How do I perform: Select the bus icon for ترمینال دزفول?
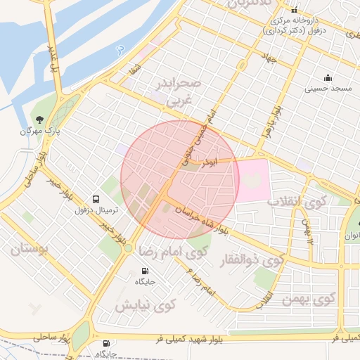97,199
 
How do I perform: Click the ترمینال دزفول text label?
98,210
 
